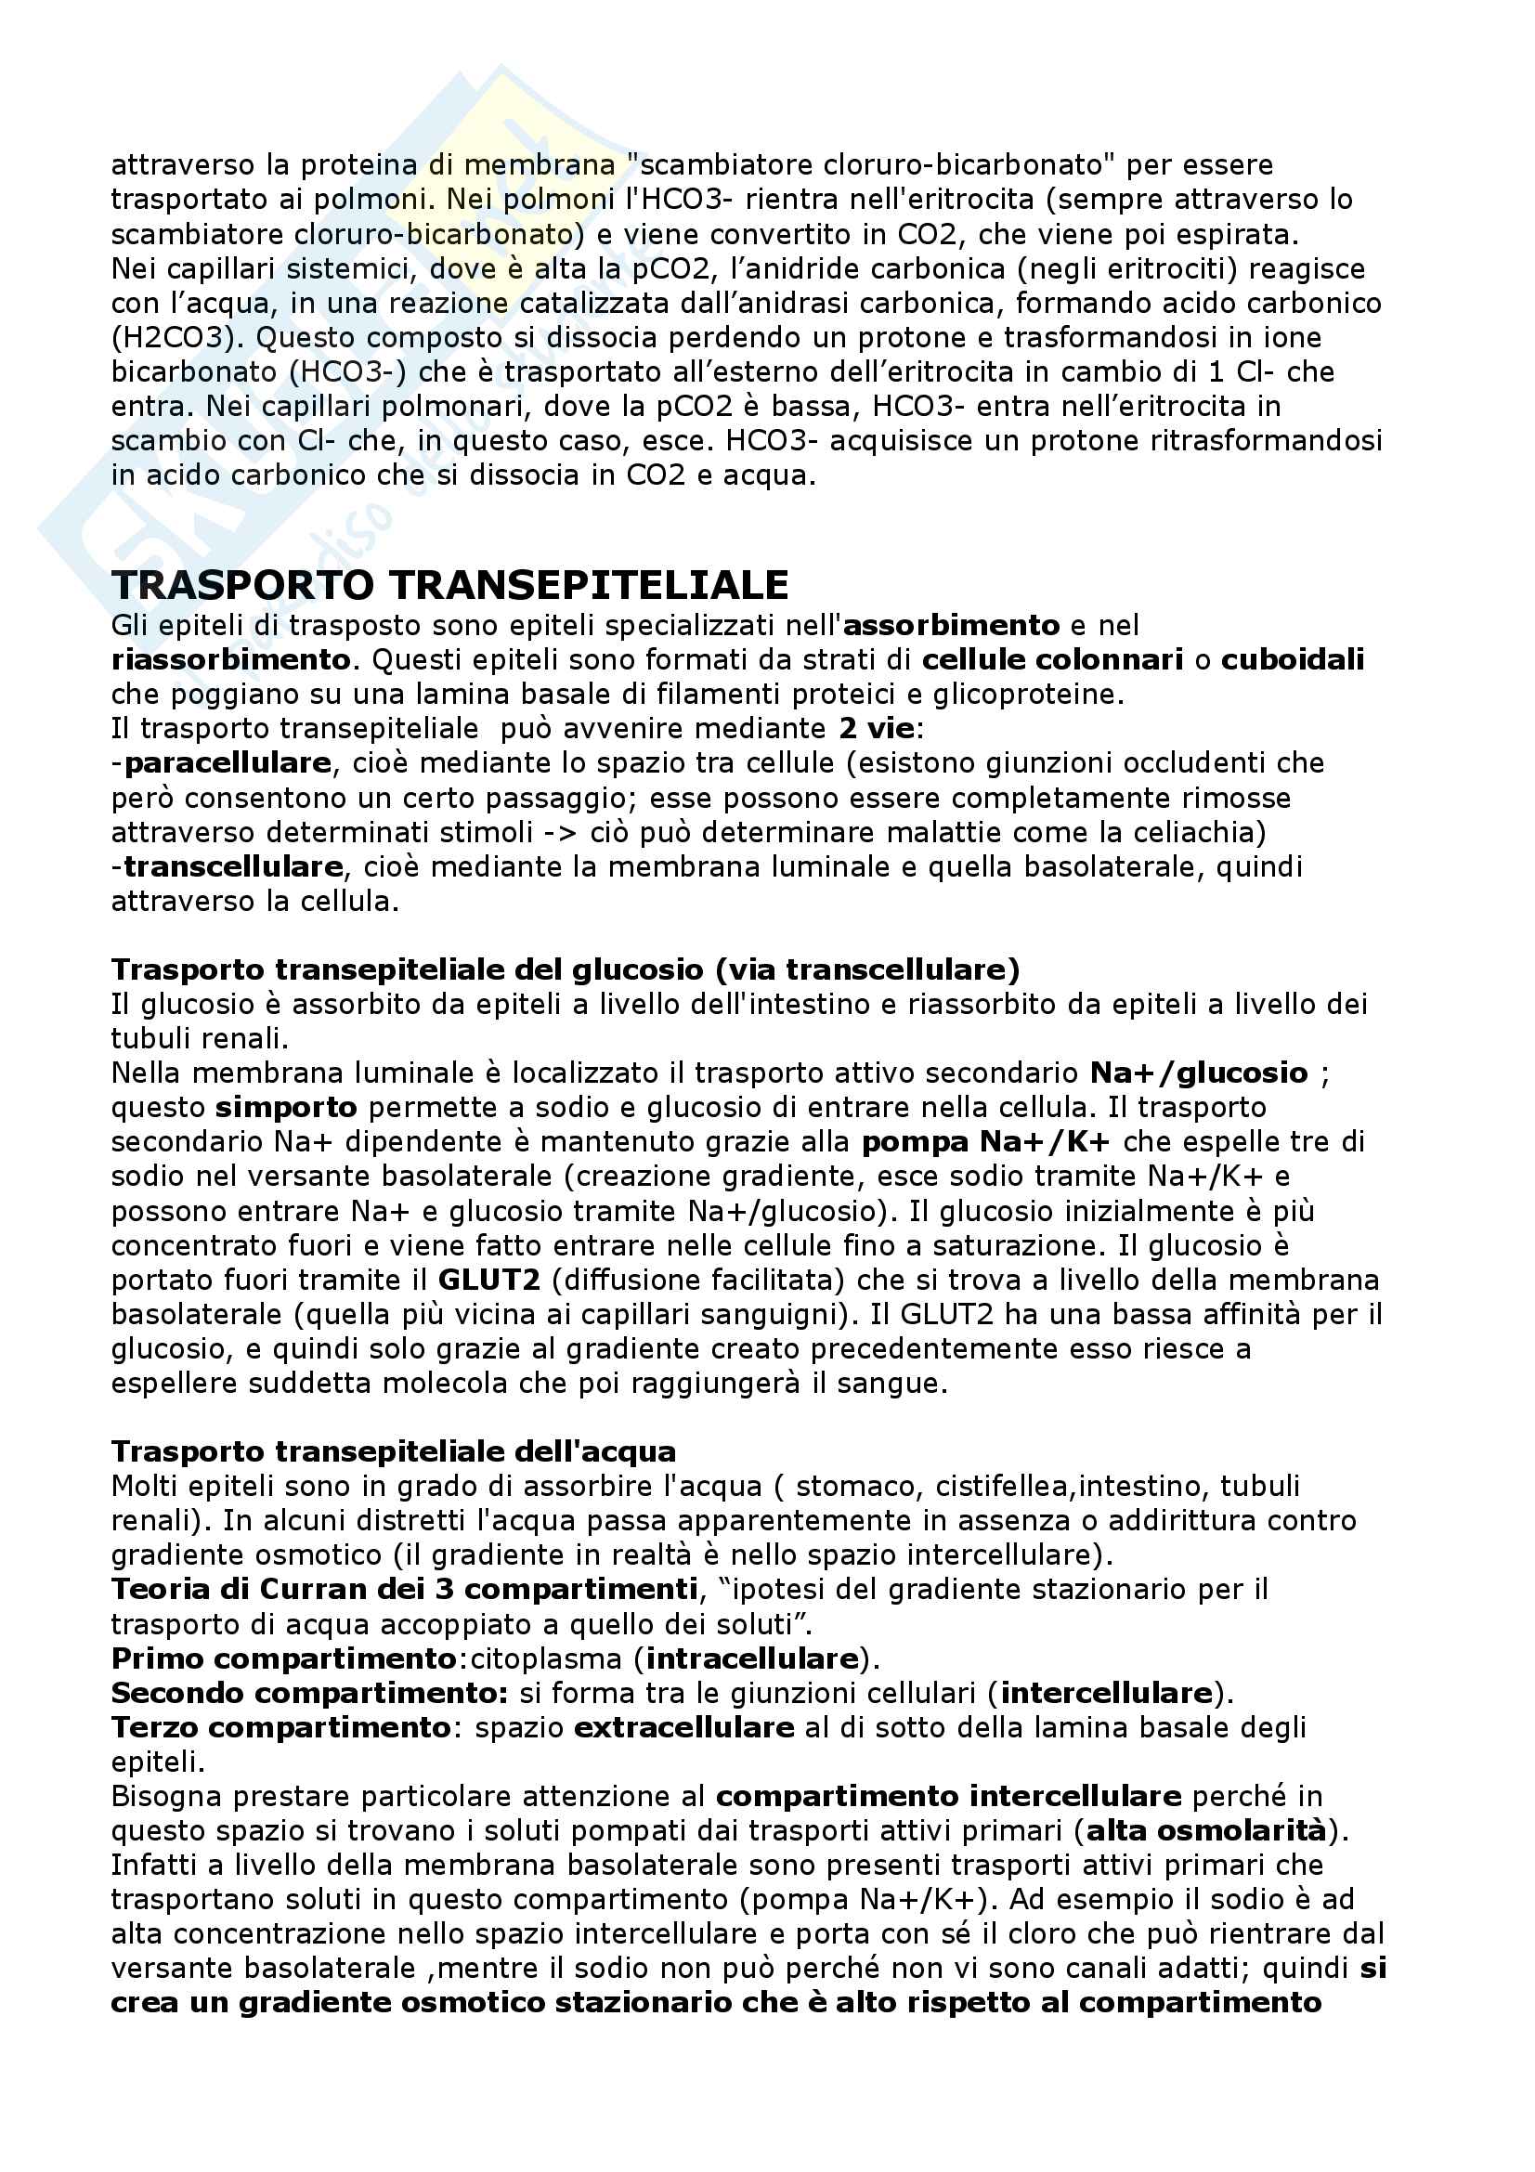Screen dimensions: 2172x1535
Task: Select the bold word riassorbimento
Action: click(229, 659)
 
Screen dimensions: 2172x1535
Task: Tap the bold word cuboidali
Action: click(1292, 659)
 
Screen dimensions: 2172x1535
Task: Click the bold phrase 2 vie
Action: click(876, 728)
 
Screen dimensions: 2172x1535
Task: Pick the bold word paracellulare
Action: click(227, 762)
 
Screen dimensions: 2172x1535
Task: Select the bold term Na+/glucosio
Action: click(1198, 1073)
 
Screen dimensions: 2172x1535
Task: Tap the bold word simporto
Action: click(287, 1107)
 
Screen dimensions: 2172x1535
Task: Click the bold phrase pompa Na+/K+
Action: click(984, 1142)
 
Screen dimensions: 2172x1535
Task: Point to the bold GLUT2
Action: click(489, 1280)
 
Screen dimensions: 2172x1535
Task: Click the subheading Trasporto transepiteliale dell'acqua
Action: click(394, 1451)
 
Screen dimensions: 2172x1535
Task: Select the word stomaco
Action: click(858, 1486)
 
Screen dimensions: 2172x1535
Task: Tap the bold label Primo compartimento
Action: click(284, 1658)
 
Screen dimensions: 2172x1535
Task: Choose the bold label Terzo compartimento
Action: click(280, 1727)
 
